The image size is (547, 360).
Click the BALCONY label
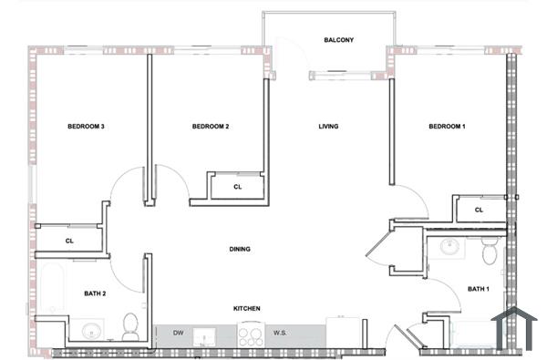pyautogui.click(x=338, y=40)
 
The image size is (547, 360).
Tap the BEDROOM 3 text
pyautogui.click(x=87, y=127)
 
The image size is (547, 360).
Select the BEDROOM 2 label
pyautogui.click(x=210, y=127)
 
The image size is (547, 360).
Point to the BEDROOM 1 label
pyautogui.click(x=447, y=127)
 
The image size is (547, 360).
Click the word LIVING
pyautogui.click(x=328, y=127)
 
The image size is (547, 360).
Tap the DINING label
pyautogui.click(x=240, y=249)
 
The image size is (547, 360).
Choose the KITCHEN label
pyautogui.click(x=247, y=309)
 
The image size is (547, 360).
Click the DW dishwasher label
pyautogui.click(x=178, y=334)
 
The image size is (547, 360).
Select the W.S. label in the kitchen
pyautogui.click(x=281, y=334)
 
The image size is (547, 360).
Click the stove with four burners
pyautogui.click(x=250, y=335)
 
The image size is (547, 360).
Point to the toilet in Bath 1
pyautogui.click(x=490, y=250)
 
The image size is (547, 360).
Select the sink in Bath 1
pyautogui.click(x=449, y=246)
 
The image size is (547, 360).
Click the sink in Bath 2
pyautogui.click(x=91, y=331)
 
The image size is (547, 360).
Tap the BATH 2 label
pyautogui.click(x=96, y=293)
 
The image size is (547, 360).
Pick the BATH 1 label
pyautogui.click(x=479, y=289)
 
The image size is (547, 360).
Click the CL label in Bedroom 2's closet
pyautogui.click(x=237, y=187)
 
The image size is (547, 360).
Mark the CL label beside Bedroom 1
pyautogui.click(x=479, y=210)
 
